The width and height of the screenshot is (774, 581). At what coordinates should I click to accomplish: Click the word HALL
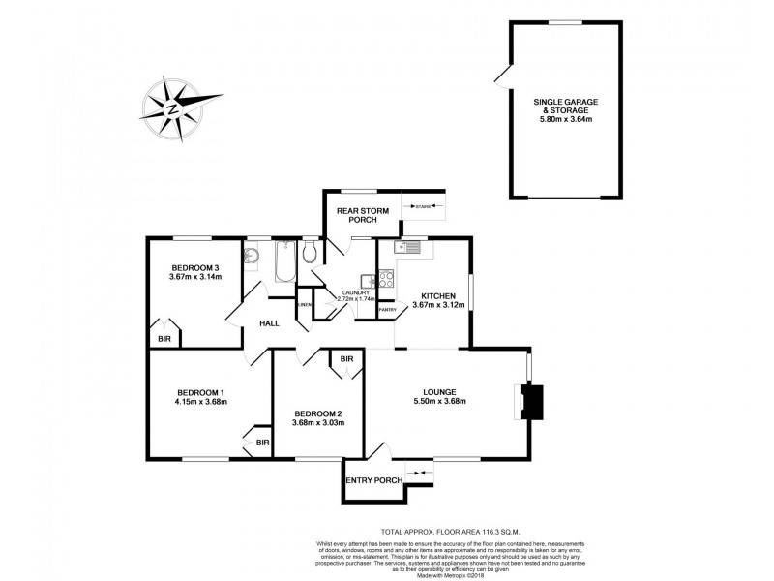[x=269, y=323]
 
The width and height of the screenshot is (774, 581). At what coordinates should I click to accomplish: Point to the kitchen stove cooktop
[x=385, y=278]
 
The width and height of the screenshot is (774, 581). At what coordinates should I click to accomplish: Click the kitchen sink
[x=408, y=248]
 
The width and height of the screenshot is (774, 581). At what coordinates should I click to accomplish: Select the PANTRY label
[x=386, y=309]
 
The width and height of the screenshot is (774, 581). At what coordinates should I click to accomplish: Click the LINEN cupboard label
[x=305, y=305]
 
